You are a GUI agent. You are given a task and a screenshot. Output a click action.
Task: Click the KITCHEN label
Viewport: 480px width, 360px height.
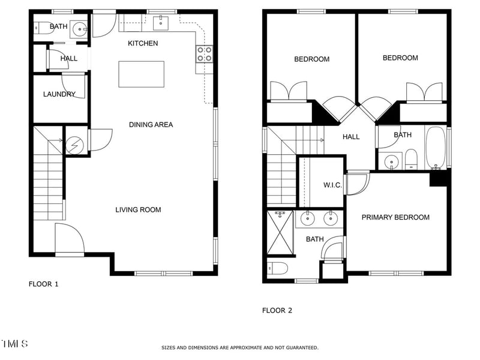pyautogui.click(x=143, y=43)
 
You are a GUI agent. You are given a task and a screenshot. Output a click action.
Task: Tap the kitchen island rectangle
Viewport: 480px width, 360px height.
pyautogui.click(x=142, y=74)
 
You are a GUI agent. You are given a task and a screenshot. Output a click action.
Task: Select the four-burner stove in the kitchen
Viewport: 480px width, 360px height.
pyautogui.click(x=205, y=54)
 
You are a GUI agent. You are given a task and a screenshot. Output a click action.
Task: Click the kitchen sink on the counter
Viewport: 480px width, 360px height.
pyautogui.click(x=161, y=23)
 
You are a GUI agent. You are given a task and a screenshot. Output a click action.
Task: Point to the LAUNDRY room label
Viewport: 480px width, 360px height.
pyautogui.click(x=59, y=94)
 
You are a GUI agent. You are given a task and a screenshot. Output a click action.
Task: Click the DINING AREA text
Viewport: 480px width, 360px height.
pyautogui.click(x=151, y=125)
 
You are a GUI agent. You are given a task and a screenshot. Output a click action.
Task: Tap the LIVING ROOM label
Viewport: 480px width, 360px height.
pyautogui.click(x=138, y=209)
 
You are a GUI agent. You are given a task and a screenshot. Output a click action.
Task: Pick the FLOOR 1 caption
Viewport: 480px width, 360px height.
pyautogui.click(x=43, y=284)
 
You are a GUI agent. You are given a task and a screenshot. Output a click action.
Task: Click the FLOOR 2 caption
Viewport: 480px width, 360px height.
pyautogui.click(x=277, y=310)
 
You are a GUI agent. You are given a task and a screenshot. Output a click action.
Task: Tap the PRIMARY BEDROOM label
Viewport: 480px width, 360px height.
pyautogui.click(x=395, y=217)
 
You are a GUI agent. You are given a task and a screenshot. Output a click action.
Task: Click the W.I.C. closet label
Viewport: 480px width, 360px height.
pyautogui.click(x=332, y=185)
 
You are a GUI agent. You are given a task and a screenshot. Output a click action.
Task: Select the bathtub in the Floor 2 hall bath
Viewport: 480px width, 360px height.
pyautogui.click(x=436, y=148)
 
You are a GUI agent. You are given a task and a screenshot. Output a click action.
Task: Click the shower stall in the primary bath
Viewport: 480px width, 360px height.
pyautogui.click(x=280, y=232)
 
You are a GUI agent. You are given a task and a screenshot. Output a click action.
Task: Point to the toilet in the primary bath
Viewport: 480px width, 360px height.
pyautogui.click(x=278, y=269)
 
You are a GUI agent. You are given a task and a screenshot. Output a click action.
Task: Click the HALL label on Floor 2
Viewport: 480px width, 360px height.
pyautogui.click(x=351, y=137)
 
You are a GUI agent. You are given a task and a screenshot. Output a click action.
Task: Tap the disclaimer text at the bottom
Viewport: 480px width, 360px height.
pyautogui.click(x=240, y=348)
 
